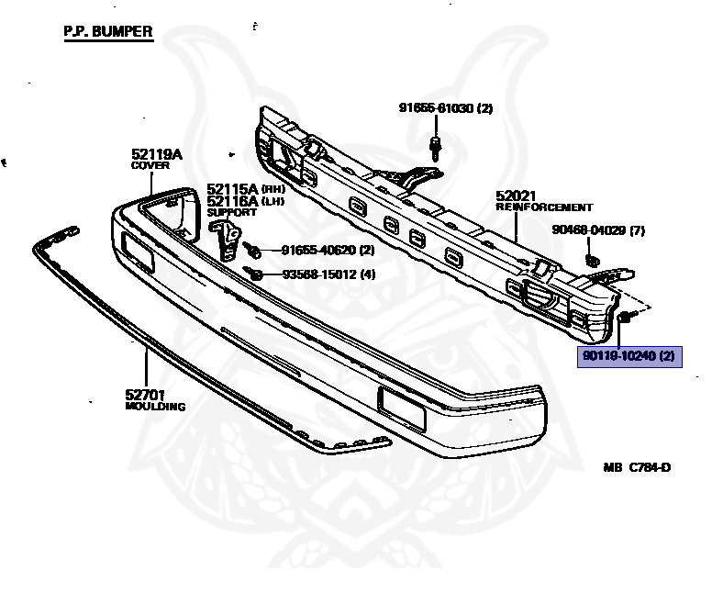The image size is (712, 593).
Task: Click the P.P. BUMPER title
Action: [x=108, y=32]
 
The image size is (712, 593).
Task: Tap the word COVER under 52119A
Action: [x=150, y=167]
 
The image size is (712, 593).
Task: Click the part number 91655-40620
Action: [x=317, y=249]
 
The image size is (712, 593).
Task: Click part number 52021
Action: [x=516, y=196]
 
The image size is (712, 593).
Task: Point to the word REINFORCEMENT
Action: [x=544, y=207]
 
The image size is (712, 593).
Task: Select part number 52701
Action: [x=145, y=395]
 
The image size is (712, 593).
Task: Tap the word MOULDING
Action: [x=155, y=406]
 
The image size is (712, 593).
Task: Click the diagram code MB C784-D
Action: [x=637, y=467]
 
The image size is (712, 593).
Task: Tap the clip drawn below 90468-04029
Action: [x=592, y=255]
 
